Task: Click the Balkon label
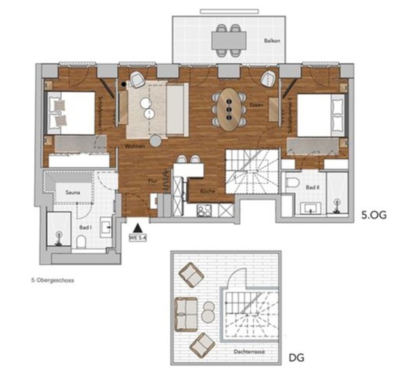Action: (272, 41)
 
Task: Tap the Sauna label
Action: (73, 193)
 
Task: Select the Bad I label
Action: (84, 228)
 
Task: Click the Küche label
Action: (208, 191)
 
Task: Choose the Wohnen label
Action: (135, 146)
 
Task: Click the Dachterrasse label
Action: (249, 352)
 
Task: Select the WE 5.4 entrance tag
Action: (138, 238)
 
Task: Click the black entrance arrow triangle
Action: (138, 228)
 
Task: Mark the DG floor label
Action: (296, 358)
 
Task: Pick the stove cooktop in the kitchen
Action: (204, 210)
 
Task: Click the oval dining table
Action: (229, 109)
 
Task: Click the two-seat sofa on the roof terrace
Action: (186, 314)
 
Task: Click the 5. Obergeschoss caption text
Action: (53, 280)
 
